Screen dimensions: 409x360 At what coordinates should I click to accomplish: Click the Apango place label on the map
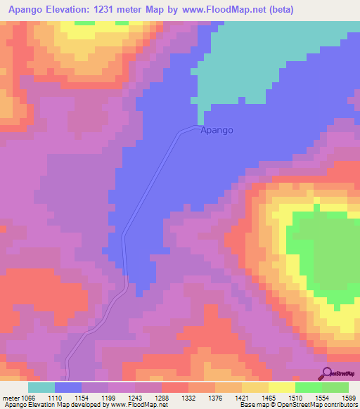(217, 130)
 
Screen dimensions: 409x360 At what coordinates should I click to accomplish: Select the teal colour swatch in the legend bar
(41, 387)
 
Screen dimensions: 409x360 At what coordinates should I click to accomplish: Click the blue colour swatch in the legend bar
(68, 387)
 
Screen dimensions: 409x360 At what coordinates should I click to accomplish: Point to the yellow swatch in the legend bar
(282, 387)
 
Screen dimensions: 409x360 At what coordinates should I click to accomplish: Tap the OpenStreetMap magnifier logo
(328, 373)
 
